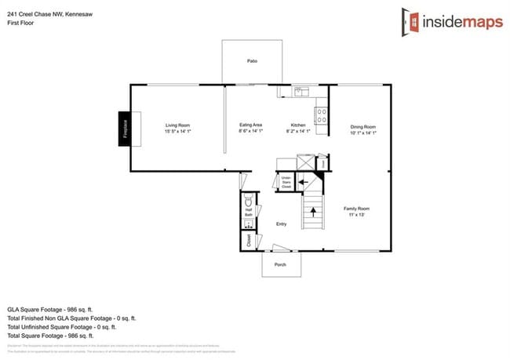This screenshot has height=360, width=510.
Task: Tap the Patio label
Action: coord(253,60)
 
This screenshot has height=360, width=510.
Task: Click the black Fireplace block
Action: coord(125,127)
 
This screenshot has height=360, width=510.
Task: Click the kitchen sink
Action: coord(299,92)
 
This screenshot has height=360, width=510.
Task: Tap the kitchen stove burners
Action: coord(321,115)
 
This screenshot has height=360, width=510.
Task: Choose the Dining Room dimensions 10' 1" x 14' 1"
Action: coord(363,133)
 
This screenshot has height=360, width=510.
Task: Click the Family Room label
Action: coord(356,209)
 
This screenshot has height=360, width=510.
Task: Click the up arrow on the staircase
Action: coord(312,210)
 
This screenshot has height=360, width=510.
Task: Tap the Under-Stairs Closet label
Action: coord(286,183)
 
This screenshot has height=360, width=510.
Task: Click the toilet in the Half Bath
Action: coord(249,199)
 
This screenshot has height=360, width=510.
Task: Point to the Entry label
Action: coord(281,224)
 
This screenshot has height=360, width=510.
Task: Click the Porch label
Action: coord(280,265)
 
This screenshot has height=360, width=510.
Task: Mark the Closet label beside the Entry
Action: coord(249,239)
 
